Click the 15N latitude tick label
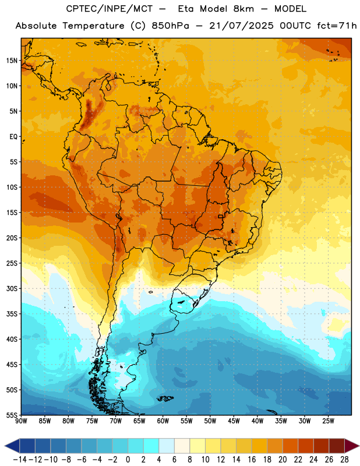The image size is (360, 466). (x=12, y=61)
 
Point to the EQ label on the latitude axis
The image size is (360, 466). (x=13, y=137)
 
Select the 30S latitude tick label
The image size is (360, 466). (x=12, y=288)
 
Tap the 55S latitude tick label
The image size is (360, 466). (x=12, y=415)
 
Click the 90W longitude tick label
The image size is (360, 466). (x=21, y=421)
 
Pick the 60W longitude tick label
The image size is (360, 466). (x=163, y=421)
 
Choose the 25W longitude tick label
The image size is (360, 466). (x=328, y=421)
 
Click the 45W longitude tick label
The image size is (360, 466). (x=234, y=421)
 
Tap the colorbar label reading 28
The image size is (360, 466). (x=344, y=460)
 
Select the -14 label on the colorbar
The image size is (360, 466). (x=20, y=460)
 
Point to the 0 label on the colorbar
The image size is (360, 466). (x=128, y=460)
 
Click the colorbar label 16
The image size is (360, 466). (x=252, y=460)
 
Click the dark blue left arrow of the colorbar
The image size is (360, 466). (x=12, y=446)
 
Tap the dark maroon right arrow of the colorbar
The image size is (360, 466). (x=352, y=446)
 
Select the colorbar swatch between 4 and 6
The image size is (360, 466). (x=167, y=446)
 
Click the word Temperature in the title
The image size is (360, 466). (x=93, y=26)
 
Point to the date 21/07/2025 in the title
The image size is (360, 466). (x=241, y=26)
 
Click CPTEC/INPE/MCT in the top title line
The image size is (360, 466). (x=110, y=9)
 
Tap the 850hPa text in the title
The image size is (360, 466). (x=170, y=26)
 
